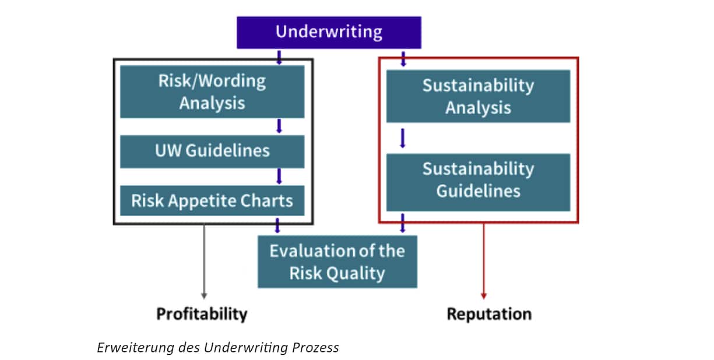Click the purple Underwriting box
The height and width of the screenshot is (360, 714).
coord(329,33)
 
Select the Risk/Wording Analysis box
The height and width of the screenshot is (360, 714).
coord(212,92)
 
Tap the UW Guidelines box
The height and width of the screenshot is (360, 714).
coord(212,151)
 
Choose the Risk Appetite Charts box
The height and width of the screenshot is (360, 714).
coord(212,200)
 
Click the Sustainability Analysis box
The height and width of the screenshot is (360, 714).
coord(478,96)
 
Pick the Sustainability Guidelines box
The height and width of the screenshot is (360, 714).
coord(478,182)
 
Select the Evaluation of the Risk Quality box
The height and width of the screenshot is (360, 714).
coord(337,262)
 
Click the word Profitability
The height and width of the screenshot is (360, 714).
coord(202,314)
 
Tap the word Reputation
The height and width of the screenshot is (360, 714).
coord(489,314)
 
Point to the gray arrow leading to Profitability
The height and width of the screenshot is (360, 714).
coord(204,262)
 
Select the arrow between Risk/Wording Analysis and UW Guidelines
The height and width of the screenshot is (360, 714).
coord(279,126)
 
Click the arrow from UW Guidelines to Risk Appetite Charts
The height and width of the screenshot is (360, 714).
coord(279,176)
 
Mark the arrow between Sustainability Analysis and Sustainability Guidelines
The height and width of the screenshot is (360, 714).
coord(403,138)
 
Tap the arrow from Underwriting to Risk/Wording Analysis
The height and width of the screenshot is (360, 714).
coord(279,58)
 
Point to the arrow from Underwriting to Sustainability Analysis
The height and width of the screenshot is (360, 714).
coord(403,59)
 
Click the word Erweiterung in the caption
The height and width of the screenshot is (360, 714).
coord(135,348)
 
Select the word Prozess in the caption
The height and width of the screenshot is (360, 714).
coord(315,348)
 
